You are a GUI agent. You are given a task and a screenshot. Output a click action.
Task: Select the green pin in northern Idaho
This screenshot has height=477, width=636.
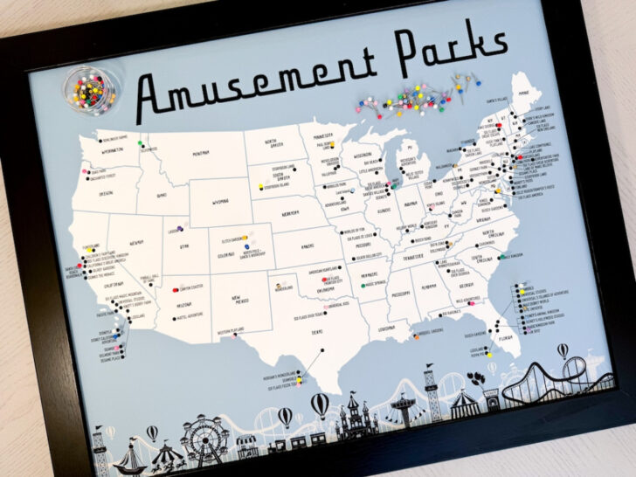(x=139, y=143)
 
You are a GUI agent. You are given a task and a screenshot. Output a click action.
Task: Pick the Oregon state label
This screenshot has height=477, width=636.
(x=106, y=192)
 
